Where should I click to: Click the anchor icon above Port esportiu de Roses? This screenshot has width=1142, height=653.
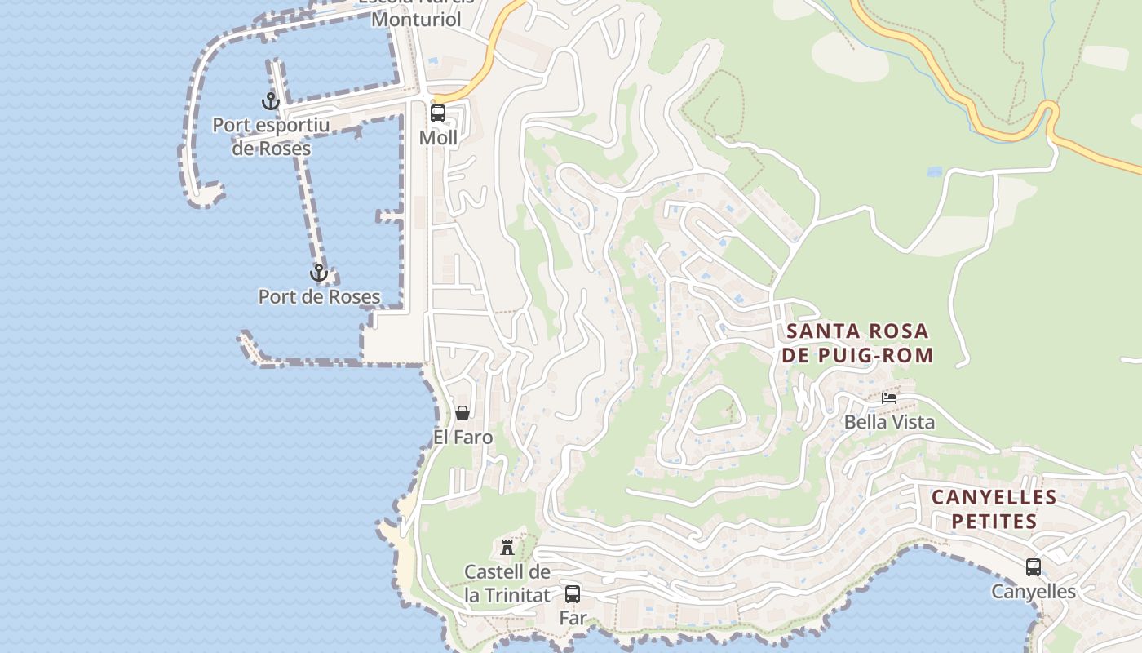[x=270, y=102]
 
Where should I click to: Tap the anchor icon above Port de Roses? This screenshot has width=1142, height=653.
[x=319, y=273]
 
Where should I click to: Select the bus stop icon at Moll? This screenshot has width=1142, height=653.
[x=438, y=113]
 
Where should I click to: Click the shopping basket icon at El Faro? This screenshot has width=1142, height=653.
[x=463, y=413]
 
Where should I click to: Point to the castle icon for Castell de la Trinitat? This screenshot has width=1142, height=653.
[x=507, y=547]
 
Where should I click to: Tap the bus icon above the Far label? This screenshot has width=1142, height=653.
[x=573, y=594]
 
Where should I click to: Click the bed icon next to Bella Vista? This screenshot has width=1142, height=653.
[x=889, y=398]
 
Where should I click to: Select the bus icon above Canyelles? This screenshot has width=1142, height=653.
[x=1034, y=567]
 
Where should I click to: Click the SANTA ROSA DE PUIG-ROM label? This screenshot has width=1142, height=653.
[x=857, y=343]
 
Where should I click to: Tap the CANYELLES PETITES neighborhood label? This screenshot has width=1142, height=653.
[x=994, y=509]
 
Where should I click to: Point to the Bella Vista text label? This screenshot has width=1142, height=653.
[x=889, y=422]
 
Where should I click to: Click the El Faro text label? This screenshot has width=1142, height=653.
[x=463, y=438]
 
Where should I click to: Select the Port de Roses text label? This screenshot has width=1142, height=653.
[x=319, y=297]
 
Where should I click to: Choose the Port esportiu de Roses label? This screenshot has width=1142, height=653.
[x=271, y=137]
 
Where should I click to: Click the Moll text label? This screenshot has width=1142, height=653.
[x=438, y=138]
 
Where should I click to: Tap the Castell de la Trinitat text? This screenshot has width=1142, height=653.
[x=507, y=584]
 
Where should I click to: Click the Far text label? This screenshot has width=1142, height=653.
[x=573, y=618]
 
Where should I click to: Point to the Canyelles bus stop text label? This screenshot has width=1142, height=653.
[x=1034, y=592]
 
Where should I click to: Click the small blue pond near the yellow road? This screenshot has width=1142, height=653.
[x=935, y=172]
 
